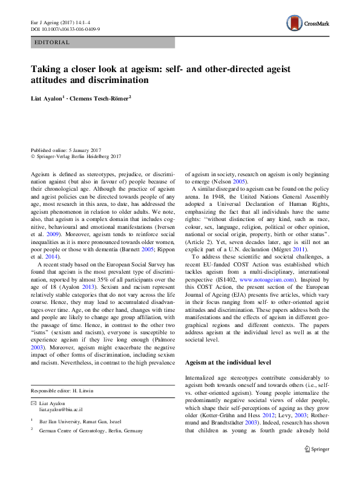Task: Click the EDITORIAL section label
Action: pos(53,42)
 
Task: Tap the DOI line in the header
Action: pos(65,28)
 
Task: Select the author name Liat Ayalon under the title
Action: pos(47,97)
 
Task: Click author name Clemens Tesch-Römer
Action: pos(104,97)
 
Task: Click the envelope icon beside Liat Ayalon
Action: pos(34,403)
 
